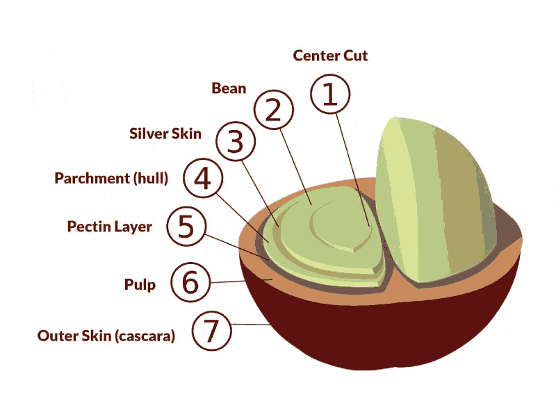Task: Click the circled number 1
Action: coord(330,95)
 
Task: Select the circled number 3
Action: coord(236,142)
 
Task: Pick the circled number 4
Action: coord(202,179)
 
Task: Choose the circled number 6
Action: coord(189,282)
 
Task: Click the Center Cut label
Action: coord(330,56)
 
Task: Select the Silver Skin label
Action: coord(165,133)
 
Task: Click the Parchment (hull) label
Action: coord(111,178)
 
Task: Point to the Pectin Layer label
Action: coord(109,227)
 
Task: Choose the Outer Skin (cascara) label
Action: coord(106,336)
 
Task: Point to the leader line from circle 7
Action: coord(250,325)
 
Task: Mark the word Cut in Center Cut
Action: coord(354,56)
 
